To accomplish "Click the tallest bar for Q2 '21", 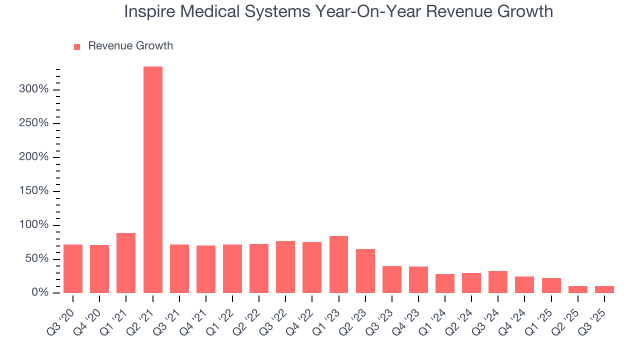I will (152, 179).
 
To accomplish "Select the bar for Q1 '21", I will (126, 263).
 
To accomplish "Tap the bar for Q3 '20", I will (73, 268).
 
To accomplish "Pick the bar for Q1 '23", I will (338, 264).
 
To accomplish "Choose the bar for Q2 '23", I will (365, 271).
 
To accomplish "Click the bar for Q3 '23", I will (391, 279).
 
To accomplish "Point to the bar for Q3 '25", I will (604, 289).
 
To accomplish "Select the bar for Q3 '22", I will (285, 267).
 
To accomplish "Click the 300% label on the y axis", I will (33, 89).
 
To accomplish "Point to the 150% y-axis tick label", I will (33, 191).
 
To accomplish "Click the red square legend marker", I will (77, 46).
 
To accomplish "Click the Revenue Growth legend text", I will (130, 46).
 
